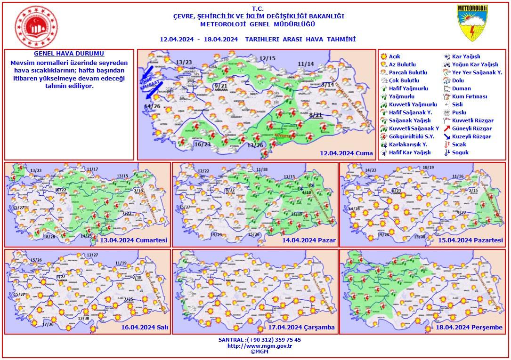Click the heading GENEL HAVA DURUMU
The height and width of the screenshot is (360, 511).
pos(69,54)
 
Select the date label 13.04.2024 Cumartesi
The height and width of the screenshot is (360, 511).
pos(134,240)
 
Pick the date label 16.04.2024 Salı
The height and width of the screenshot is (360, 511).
pos(145,328)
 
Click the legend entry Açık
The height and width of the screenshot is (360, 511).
pos(394,56)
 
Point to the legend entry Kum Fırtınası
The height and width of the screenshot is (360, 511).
pos(469,96)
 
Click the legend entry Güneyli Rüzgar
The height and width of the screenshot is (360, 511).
pos(471,128)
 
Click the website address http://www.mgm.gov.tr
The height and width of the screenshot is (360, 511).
pos(260,346)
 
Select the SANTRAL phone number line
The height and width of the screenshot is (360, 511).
pos(260,340)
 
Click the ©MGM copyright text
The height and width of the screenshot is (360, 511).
pos(260,352)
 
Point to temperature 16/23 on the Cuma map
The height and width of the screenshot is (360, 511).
pos(203,144)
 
